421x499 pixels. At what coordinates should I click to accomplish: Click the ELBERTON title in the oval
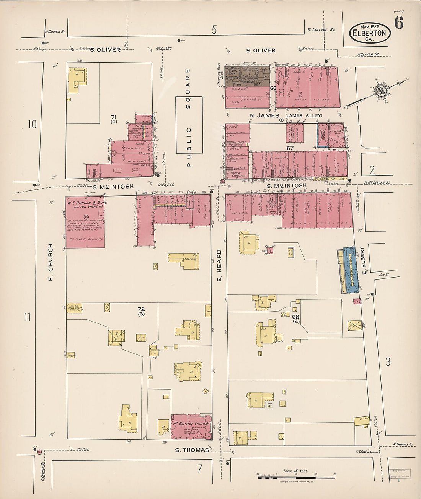(x=370, y=33)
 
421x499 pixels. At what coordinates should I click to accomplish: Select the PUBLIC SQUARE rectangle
(x=189, y=125)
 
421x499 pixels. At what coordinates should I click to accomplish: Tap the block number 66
(x=273, y=88)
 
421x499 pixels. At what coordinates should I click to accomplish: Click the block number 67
(x=290, y=148)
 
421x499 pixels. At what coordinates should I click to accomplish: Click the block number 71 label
(x=114, y=117)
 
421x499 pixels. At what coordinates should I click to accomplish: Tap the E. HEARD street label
(x=219, y=266)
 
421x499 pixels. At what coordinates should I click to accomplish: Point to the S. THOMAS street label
(x=192, y=450)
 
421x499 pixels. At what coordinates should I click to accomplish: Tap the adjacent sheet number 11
(x=27, y=317)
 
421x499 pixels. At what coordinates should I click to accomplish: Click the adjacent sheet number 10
(x=32, y=124)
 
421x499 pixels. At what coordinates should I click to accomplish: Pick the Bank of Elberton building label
(x=238, y=174)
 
